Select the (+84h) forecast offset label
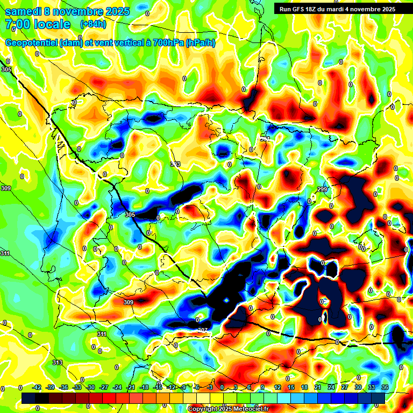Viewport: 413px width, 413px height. [x=93, y=24]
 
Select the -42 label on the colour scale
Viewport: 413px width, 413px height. [x=37, y=387]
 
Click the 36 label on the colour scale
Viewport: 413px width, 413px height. [x=384, y=387]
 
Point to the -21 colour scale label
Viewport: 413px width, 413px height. [x=131, y=387]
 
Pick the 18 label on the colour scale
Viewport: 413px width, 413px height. [x=304, y=387]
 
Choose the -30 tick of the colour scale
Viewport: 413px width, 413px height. [x=91, y=387]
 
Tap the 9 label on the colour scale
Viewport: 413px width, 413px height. [x=262, y=387]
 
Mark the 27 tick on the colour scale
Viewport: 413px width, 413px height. [x=344, y=387]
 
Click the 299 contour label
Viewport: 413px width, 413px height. [x=322, y=189]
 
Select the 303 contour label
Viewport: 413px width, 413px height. [x=175, y=164]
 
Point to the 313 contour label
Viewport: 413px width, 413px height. [x=58, y=362]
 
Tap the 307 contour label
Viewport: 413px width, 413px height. [x=202, y=330]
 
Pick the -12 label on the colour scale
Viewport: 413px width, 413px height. [x=171, y=387]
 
